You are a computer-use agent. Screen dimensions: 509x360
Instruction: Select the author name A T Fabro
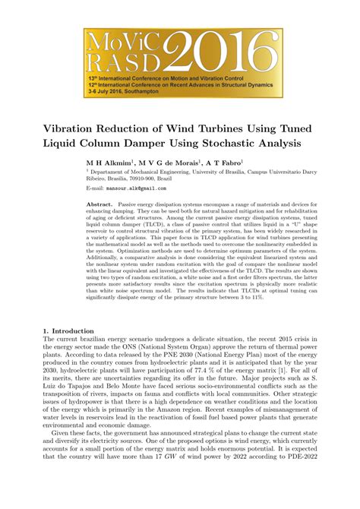[223, 162]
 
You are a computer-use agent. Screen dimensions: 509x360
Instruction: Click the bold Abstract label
[100, 206]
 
